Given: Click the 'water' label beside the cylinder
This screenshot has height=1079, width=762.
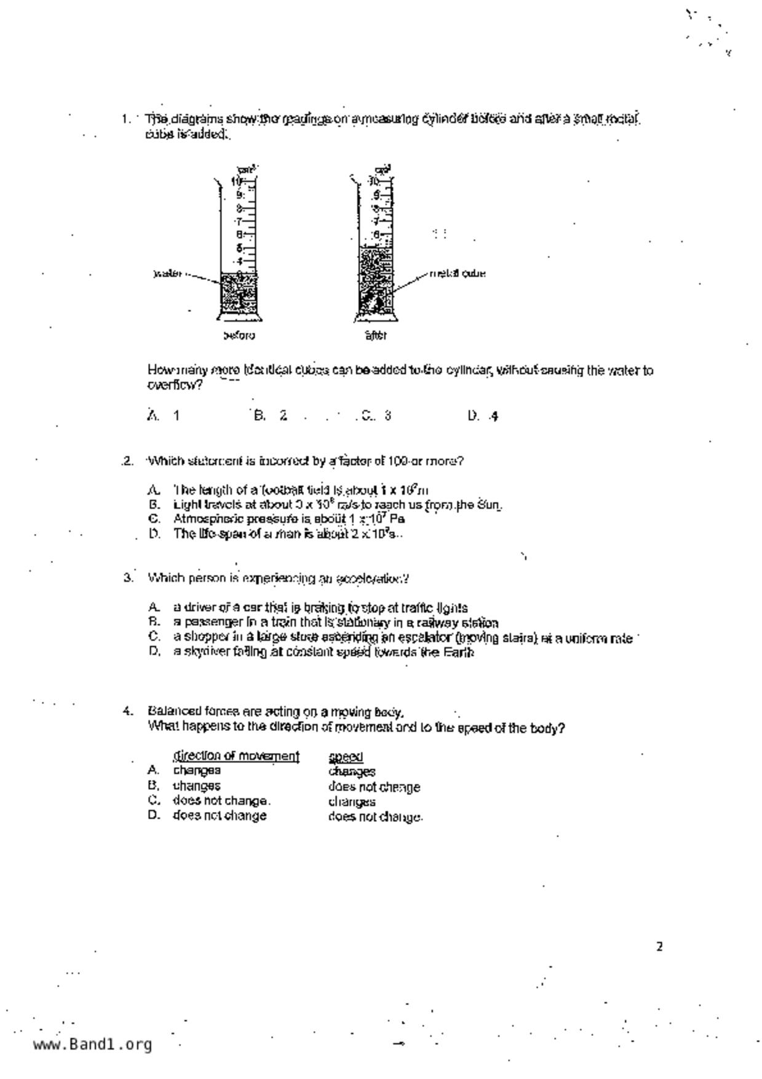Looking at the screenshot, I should (167, 273).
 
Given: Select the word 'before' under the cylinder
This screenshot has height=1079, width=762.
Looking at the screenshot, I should (239, 335).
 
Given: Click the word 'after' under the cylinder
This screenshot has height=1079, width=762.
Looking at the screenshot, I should (375, 335).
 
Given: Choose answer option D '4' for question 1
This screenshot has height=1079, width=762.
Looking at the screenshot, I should (483, 416).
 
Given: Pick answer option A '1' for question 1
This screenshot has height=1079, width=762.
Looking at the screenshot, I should (164, 415).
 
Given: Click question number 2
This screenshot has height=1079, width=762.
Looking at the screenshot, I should (127, 461).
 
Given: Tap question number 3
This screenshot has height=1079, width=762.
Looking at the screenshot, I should (128, 578).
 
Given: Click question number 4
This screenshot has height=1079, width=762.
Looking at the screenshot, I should (128, 712).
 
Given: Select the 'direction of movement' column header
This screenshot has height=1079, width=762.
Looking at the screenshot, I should (236, 755).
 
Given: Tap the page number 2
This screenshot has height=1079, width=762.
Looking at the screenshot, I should (659, 947).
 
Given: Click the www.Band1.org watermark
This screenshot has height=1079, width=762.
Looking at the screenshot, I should (92, 1044).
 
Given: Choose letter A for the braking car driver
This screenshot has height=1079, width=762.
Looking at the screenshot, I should (154, 608).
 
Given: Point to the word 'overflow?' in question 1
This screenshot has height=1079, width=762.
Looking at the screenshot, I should (175, 386).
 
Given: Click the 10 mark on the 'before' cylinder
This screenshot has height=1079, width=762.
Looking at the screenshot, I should (236, 181).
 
